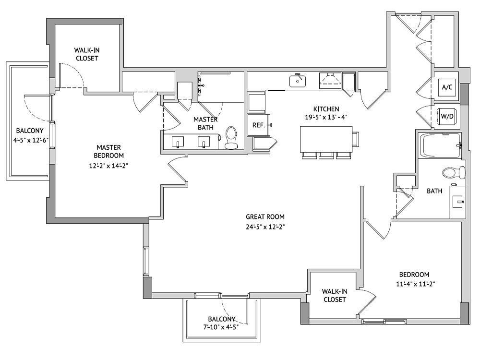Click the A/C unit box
tap(446, 87)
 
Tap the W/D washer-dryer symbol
tap(447, 116)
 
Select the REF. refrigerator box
tap(259, 125)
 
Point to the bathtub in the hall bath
tap(440, 145)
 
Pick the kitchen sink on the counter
tap(298, 81)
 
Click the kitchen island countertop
tap(326, 139)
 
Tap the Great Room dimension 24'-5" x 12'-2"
tap(265, 227)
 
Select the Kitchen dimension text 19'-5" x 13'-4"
tap(326, 117)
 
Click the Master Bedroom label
tap(108, 151)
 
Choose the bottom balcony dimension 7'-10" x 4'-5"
tap(221, 327)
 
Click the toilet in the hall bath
tap(454, 172)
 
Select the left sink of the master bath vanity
tap(178, 142)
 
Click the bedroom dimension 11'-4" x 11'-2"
tap(416, 284)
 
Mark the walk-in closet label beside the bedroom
tap(334, 295)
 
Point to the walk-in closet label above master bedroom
tap(87, 54)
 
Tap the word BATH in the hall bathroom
tap(435, 191)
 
